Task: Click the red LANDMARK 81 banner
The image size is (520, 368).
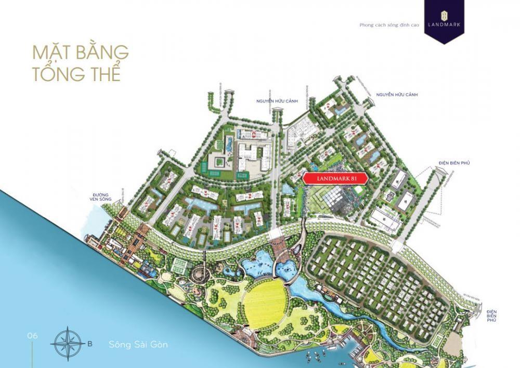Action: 335,178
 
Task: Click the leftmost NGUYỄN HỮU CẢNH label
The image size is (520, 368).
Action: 276,101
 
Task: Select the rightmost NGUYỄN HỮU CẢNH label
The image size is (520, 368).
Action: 397,95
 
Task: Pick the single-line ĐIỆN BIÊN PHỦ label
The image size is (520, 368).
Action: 453,163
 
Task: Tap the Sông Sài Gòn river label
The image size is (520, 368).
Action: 138,344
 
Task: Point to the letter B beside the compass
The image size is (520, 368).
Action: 90,344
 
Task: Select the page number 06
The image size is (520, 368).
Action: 33,336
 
